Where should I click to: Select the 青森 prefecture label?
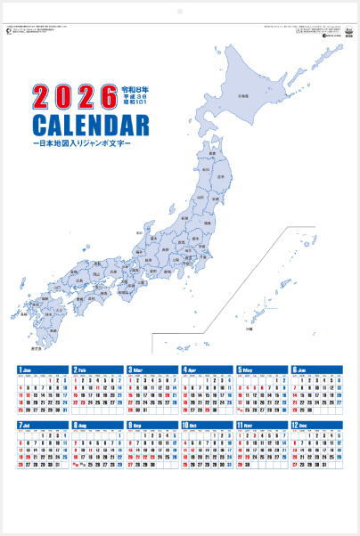[x=215, y=150]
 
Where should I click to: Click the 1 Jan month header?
[x=43, y=370]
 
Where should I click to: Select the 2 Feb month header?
[x=98, y=370]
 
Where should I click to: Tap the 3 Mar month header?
[x=153, y=370]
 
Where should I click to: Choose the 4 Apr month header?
[x=208, y=370]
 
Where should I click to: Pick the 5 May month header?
[x=263, y=370]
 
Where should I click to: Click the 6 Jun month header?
[x=317, y=370]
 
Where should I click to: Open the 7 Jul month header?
[x=43, y=426]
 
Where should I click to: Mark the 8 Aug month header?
[x=98, y=426]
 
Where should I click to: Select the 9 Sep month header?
[x=153, y=426]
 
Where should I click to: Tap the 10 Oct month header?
[x=208, y=426]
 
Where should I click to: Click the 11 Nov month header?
[x=263, y=426]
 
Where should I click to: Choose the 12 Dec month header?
[x=317, y=426]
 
